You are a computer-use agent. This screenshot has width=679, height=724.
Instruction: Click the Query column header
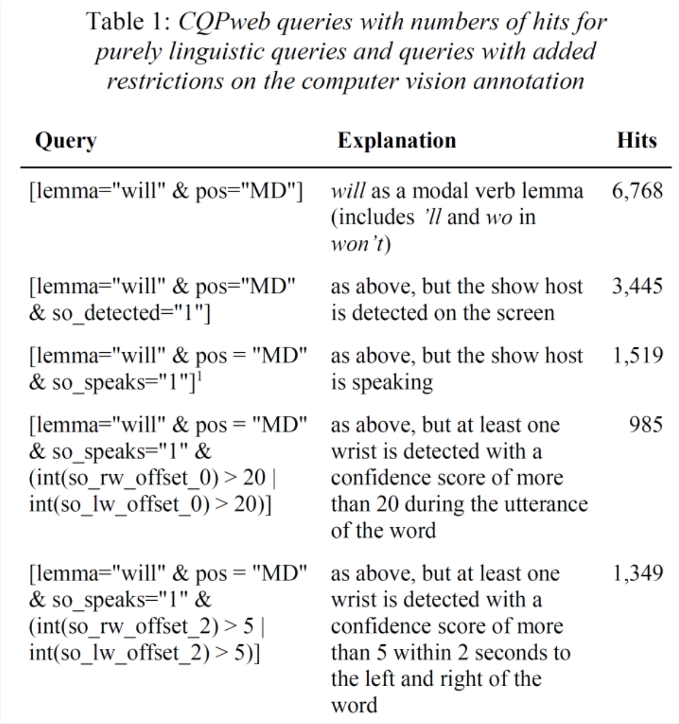65,141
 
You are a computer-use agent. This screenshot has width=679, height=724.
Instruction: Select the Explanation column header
396,141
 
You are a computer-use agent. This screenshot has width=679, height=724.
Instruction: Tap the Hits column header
636,141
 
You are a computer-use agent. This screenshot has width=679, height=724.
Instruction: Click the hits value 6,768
637,191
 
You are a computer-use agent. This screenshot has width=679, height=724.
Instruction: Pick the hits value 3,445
637,286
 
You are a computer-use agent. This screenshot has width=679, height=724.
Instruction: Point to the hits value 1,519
637,356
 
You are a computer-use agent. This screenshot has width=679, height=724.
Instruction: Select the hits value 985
646,425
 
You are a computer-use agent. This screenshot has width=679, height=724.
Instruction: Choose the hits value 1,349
637,573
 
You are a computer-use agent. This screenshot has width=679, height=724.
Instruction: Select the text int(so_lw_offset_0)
118,504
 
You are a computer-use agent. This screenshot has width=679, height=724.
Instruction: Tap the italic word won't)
360,244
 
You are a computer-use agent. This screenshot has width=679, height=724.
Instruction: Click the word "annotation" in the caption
528,81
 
